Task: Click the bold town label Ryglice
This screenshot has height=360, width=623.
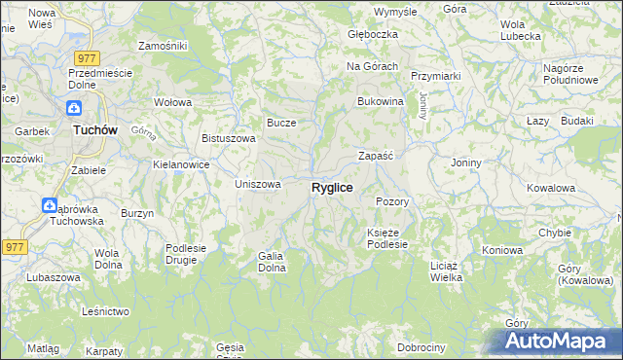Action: click(332, 187)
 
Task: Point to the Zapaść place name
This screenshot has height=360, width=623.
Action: click(375, 156)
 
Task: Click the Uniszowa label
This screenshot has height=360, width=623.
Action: click(259, 184)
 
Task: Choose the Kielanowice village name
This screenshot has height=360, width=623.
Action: click(182, 164)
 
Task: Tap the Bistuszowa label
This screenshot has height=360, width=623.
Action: click(229, 138)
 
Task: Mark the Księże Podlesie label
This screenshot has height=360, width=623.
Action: click(392, 238)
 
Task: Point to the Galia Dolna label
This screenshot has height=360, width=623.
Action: click(271, 262)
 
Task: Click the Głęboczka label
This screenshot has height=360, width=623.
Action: click(374, 34)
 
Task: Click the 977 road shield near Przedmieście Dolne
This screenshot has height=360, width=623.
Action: click(86, 56)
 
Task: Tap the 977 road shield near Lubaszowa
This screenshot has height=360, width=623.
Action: click(14, 247)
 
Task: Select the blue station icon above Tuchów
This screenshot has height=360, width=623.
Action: click(75, 109)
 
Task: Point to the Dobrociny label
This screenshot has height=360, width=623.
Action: click(421, 347)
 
